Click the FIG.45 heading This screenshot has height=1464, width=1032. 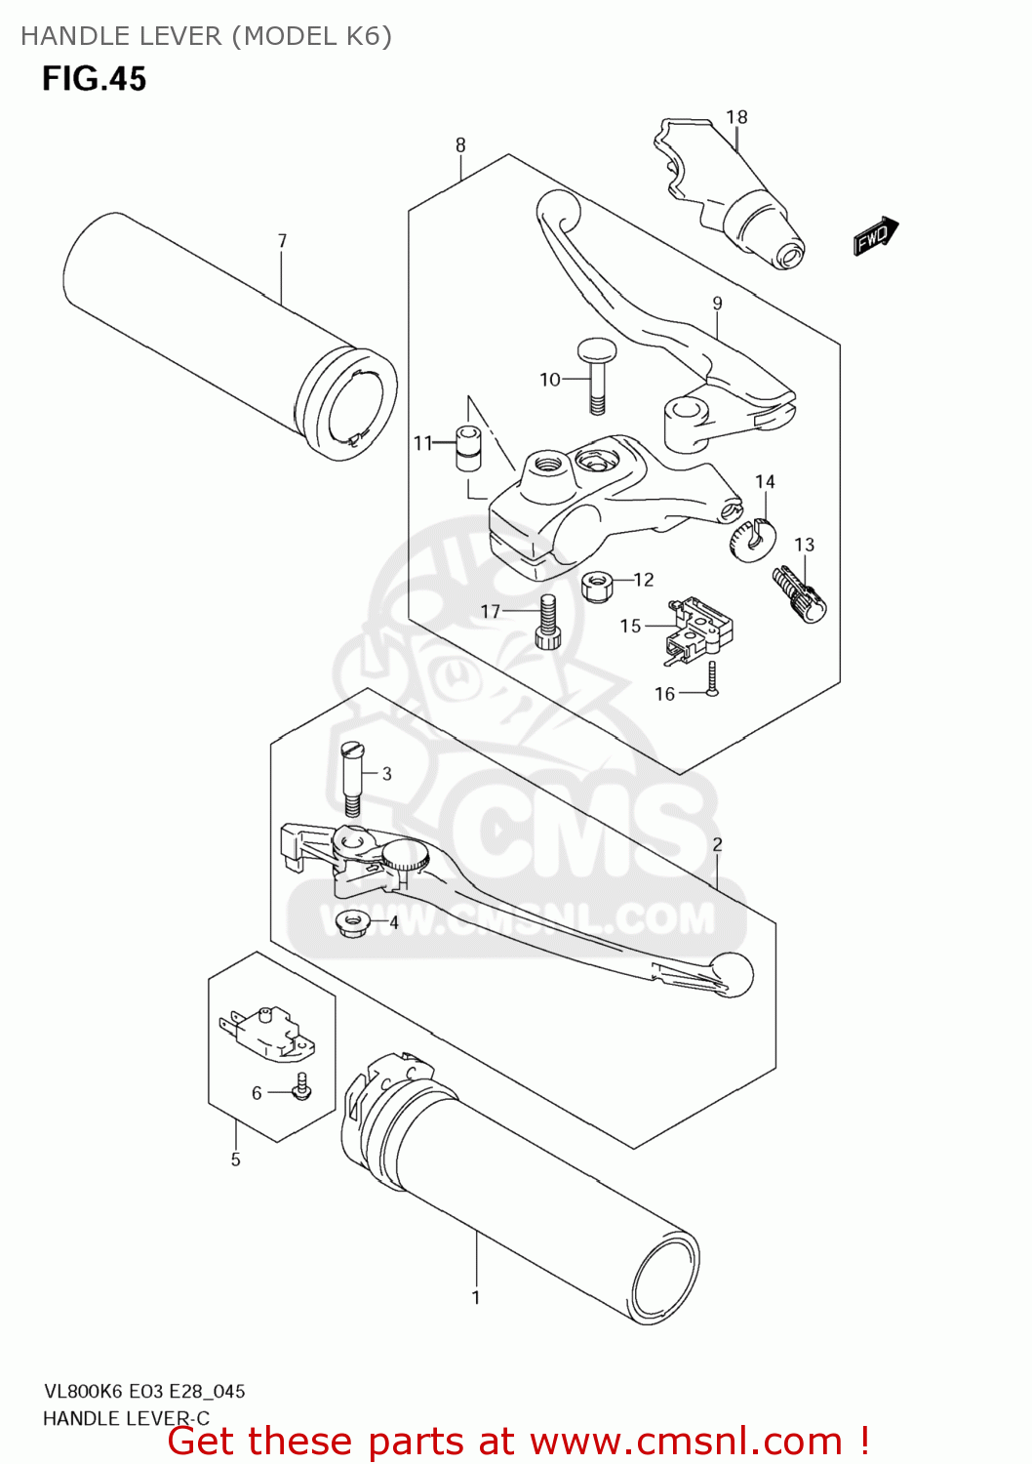pos(94,78)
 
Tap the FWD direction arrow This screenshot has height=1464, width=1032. pos(875,235)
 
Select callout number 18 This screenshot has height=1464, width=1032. pos(736,117)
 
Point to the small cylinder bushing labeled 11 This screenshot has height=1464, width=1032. pos(469,446)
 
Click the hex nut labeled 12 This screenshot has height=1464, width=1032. pos(596,588)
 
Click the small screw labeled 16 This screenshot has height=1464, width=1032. pos(713,679)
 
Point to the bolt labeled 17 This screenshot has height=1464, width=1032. pos(548,623)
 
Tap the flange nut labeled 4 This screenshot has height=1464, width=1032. pos(353,922)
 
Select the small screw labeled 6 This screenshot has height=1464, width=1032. pos(301,1087)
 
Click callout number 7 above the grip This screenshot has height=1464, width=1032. pos(282,240)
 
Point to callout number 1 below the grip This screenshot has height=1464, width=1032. pos(476,1297)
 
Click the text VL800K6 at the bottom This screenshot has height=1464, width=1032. pos(83,1391)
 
